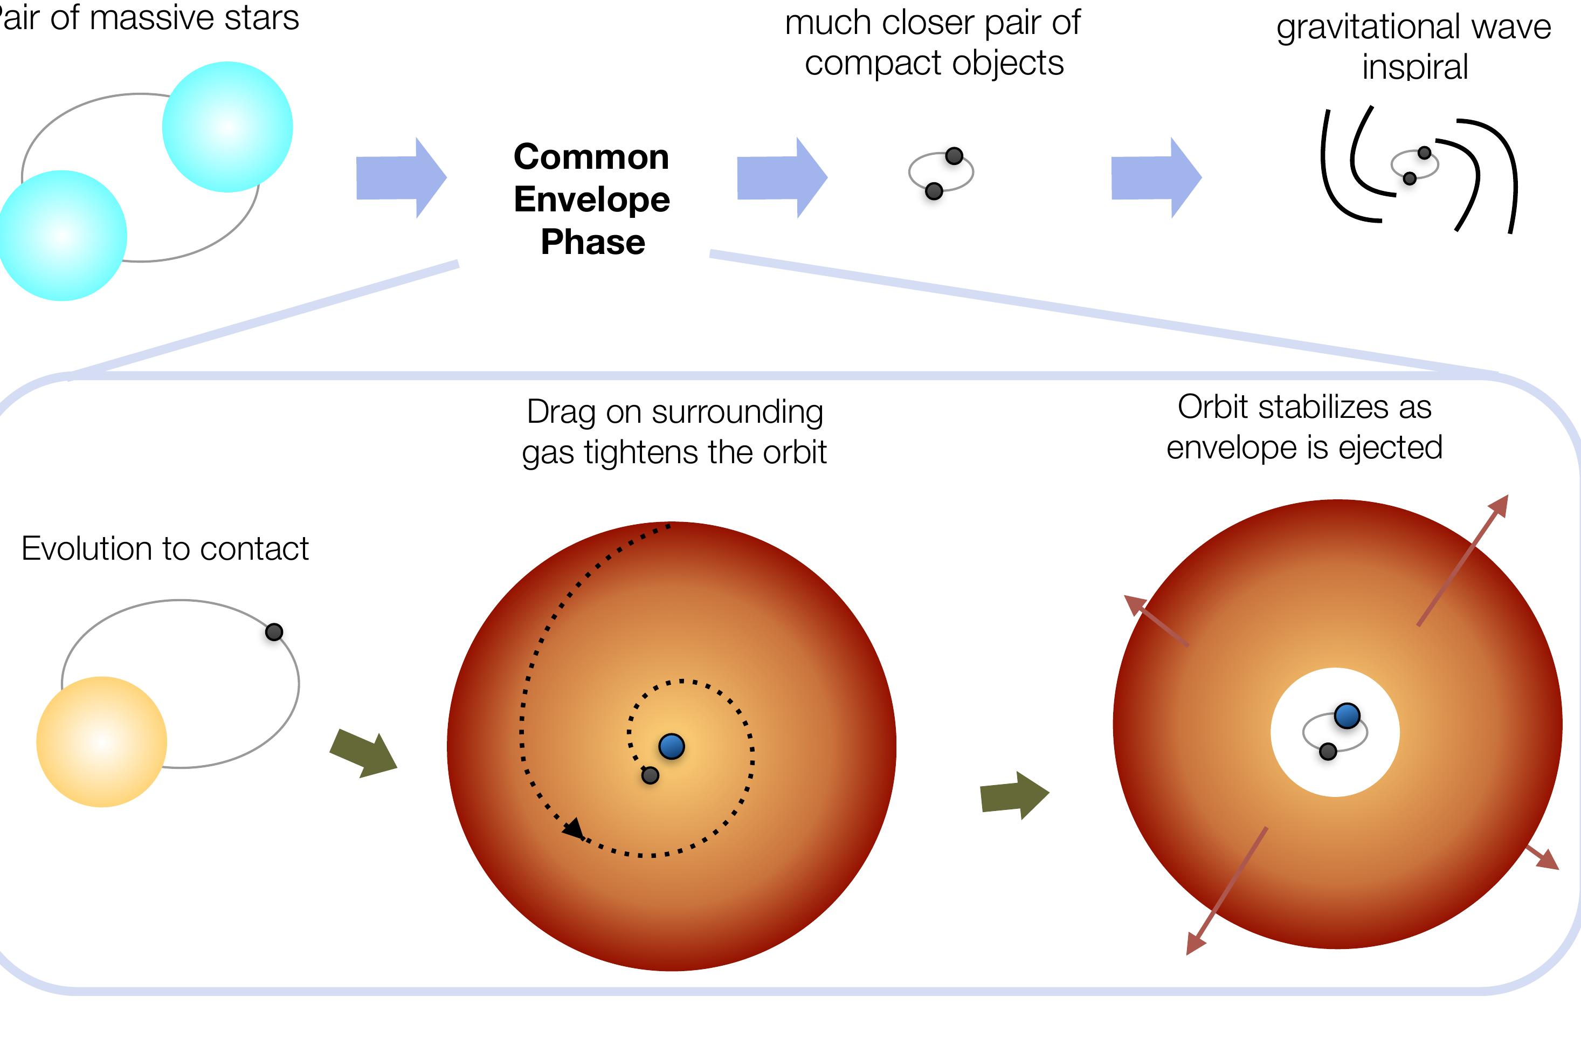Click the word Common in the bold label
(591, 157)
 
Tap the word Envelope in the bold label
(592, 200)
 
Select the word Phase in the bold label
(592, 242)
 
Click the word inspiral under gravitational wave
(1415, 67)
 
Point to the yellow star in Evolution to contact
(102, 741)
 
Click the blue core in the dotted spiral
(672, 746)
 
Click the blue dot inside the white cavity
(1347, 716)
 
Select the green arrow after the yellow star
(364, 754)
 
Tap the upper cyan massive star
(227, 127)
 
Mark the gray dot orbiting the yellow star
(274, 632)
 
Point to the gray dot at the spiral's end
(650, 775)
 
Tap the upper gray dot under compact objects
(954, 156)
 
